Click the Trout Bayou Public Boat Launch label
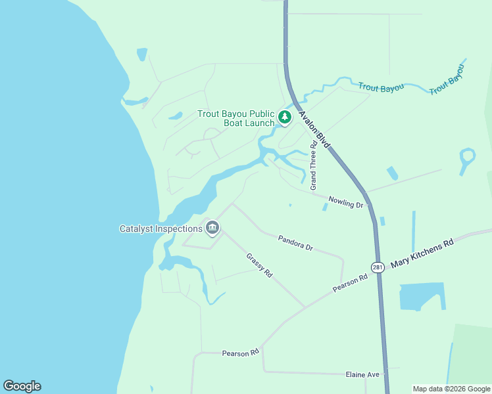[x=236, y=118]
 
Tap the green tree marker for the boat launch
[x=284, y=118]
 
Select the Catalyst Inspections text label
[x=160, y=229]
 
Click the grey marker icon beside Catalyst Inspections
[x=212, y=229]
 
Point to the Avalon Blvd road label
[x=314, y=129]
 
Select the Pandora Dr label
[x=295, y=243]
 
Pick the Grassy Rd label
[x=259, y=265]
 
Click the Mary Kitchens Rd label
[x=422, y=253]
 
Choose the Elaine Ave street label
[x=363, y=374]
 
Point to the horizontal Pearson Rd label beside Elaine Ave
[x=240, y=353]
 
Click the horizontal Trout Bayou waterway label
[x=381, y=87]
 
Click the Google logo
[x=22, y=386]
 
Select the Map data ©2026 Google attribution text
[x=451, y=389]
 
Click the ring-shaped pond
[x=467, y=157]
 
